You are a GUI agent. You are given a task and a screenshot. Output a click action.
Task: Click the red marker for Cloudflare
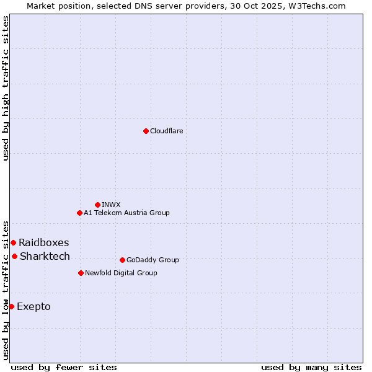click(x=146, y=131)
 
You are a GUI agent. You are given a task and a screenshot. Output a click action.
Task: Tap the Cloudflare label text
click(x=166, y=131)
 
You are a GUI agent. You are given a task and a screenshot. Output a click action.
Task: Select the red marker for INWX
click(x=97, y=205)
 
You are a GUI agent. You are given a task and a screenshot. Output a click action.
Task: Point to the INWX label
click(x=111, y=205)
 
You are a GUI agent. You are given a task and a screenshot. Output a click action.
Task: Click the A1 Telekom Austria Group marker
click(x=79, y=213)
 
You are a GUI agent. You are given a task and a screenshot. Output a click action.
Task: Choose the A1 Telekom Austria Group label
click(x=126, y=213)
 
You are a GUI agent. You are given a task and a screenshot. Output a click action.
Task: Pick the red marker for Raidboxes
click(x=13, y=242)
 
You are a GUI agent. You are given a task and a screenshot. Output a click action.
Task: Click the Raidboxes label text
click(x=43, y=242)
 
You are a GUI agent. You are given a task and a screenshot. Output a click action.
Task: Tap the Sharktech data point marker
click(x=14, y=256)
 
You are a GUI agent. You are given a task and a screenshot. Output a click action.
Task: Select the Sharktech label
click(x=45, y=256)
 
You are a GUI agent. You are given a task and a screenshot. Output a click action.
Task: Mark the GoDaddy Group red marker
click(x=122, y=260)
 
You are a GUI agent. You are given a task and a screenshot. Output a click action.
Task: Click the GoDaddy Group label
click(x=153, y=260)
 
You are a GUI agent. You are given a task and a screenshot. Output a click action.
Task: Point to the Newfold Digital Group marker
click(x=81, y=273)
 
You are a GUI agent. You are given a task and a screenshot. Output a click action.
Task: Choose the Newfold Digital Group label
click(x=121, y=273)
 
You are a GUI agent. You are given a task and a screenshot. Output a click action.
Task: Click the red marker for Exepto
click(x=11, y=306)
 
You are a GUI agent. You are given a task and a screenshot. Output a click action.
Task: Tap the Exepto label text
click(x=33, y=306)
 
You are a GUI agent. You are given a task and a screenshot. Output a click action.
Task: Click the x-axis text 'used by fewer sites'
click(x=64, y=367)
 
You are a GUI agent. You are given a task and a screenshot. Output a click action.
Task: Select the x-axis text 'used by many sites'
click(x=311, y=367)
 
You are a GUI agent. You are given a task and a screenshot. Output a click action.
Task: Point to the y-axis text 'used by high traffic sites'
click(x=6, y=88)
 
